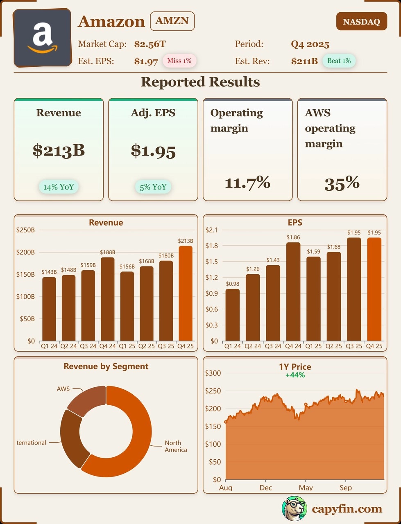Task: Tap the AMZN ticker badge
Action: pyautogui.click(x=172, y=21)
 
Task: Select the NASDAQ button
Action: pyautogui.click(x=361, y=22)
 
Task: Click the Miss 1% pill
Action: pyautogui.click(x=179, y=61)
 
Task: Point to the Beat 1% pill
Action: pyautogui.click(x=339, y=61)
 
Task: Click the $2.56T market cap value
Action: pyautogui.click(x=150, y=44)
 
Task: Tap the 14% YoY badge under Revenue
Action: pyautogui.click(x=59, y=187)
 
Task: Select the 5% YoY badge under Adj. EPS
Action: pyautogui.click(x=153, y=187)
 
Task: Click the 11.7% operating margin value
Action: pyautogui.click(x=247, y=183)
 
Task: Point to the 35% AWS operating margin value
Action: pyautogui.click(x=342, y=183)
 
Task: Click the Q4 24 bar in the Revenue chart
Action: pyautogui.click(x=108, y=299)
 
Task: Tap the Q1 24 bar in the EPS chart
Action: pyautogui.click(x=233, y=315)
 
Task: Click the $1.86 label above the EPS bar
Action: pyautogui.click(x=293, y=237)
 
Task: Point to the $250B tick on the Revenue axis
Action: pyautogui.click(x=25, y=230)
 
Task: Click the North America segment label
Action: pyautogui.click(x=176, y=446)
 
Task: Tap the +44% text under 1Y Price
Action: pyautogui.click(x=295, y=375)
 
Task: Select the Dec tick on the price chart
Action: pyautogui.click(x=266, y=488)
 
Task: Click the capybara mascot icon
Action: pyautogui.click(x=294, y=508)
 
